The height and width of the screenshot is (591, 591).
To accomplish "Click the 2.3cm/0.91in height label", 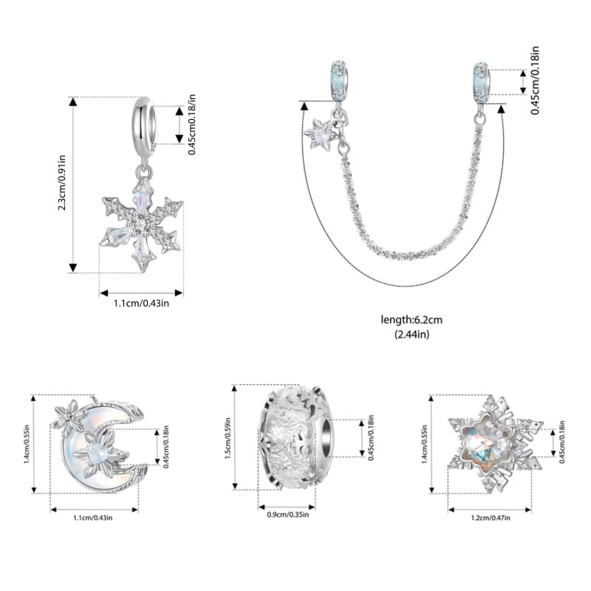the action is click(x=62, y=182).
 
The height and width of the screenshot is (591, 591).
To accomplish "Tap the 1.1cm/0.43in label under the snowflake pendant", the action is click(x=141, y=303).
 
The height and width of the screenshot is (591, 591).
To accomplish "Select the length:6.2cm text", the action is click(x=411, y=320).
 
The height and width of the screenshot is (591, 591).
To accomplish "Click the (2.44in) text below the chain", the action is click(x=411, y=335).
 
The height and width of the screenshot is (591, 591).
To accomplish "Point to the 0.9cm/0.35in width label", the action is click(x=288, y=514).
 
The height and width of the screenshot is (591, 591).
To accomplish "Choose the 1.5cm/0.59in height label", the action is click(x=228, y=438).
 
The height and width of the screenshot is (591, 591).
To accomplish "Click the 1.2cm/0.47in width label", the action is click(x=491, y=518).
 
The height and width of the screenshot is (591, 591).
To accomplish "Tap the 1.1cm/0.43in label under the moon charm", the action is click(x=93, y=518).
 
